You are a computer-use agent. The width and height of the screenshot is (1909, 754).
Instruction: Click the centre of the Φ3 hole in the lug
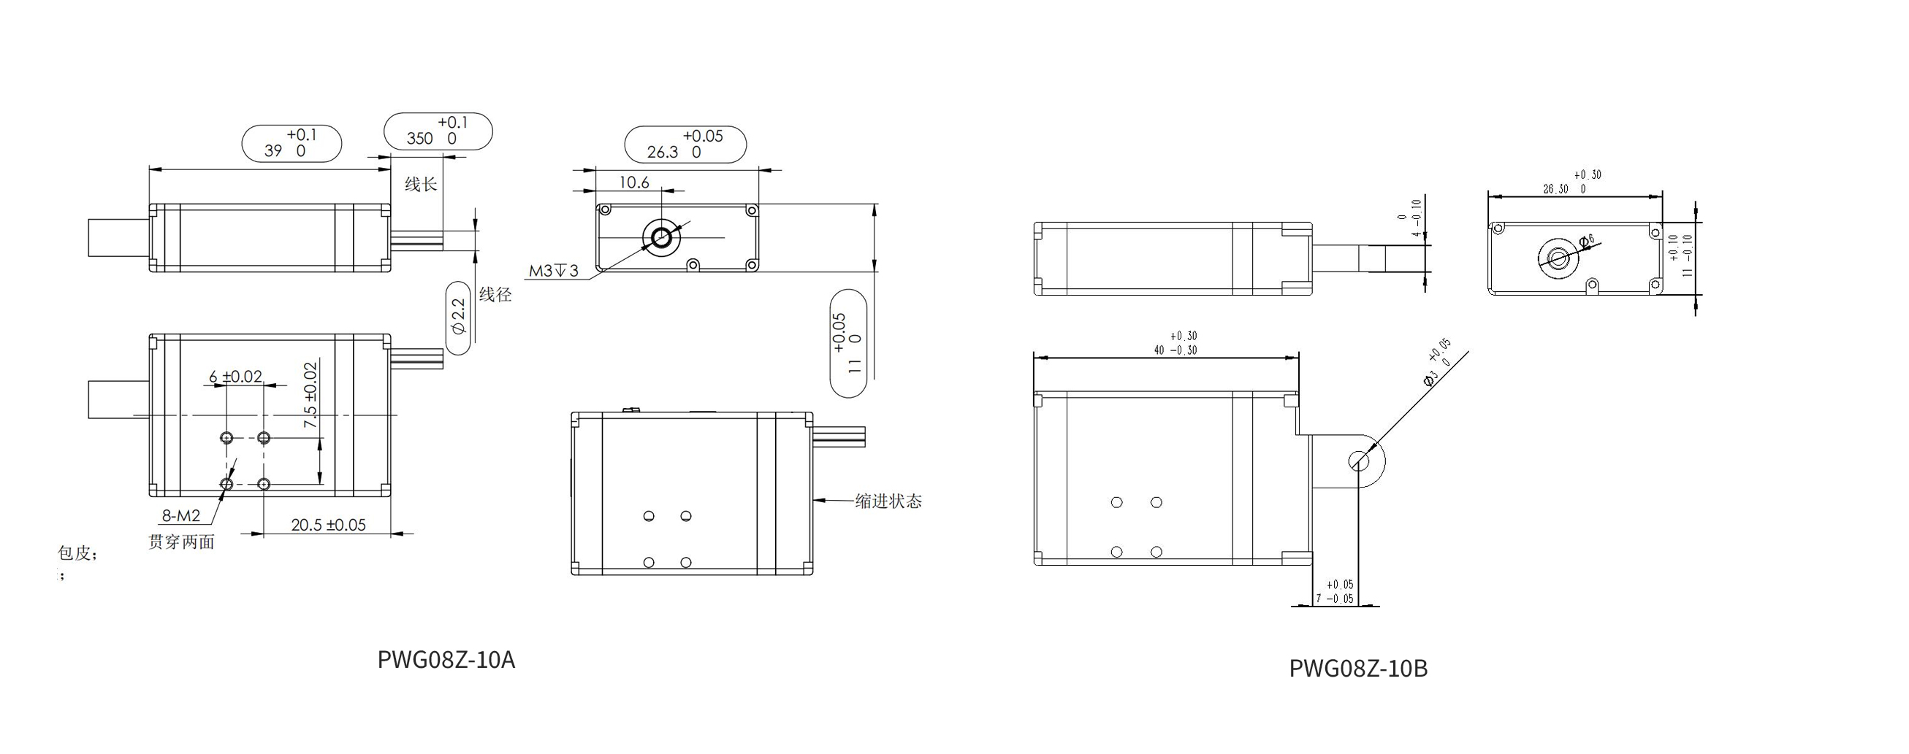[1359, 461]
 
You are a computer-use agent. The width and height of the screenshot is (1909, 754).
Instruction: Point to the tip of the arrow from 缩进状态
[814, 500]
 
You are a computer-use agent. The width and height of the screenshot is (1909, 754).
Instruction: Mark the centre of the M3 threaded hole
[661, 237]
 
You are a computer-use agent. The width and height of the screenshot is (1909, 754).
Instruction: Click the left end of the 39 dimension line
[150, 169]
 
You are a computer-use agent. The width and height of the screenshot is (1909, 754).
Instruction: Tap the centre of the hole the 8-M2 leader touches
[226, 485]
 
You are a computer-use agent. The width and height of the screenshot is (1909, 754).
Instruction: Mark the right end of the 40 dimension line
[1298, 358]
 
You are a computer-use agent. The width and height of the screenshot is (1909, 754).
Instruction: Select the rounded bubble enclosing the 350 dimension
[438, 131]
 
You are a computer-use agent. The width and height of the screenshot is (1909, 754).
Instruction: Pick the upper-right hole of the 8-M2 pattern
[264, 438]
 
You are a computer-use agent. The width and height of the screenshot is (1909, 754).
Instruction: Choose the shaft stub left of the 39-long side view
[118, 238]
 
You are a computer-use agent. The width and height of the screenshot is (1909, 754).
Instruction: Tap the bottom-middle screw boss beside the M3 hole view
[693, 263]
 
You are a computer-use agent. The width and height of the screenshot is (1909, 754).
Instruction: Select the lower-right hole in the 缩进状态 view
[686, 563]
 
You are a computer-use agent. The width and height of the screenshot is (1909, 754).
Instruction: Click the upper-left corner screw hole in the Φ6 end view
[1498, 229]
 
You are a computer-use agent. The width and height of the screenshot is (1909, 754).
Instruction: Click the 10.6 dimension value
[633, 182]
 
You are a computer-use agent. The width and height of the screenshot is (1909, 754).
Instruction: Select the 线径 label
[495, 295]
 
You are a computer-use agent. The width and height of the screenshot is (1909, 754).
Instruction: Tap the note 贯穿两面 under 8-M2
[182, 542]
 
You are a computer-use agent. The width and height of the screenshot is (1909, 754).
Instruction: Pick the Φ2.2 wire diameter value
[459, 317]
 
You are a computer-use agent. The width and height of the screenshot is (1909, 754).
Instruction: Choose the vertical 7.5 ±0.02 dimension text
[310, 394]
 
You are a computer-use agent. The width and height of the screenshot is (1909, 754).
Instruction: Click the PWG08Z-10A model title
[446, 659]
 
